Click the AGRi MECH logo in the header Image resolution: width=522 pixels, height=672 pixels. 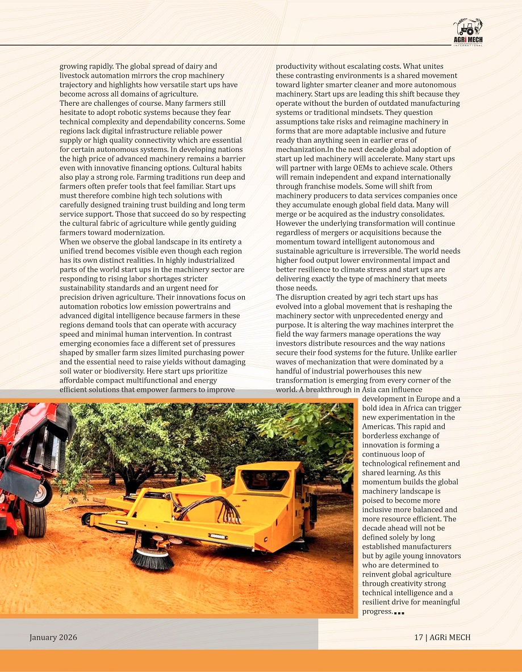coord(467,33)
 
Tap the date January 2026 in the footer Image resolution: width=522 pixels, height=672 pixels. coord(53,637)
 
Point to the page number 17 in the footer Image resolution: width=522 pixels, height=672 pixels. coord(418,637)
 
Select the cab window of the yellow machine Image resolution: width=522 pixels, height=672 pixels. coord(266,480)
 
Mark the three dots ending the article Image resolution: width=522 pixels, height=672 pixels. coord(399,613)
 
